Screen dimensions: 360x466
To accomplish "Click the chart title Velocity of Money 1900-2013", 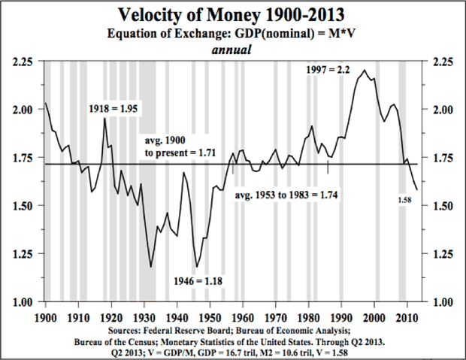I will point(232,16).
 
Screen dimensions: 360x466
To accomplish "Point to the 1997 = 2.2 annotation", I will point(329,69).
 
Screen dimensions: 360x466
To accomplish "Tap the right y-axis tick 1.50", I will point(440,205).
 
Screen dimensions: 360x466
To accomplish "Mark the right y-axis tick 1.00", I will point(440,301).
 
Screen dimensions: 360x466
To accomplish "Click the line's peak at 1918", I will point(104,119).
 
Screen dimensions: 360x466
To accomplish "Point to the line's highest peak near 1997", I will point(365,71).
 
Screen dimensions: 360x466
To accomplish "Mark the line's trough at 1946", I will point(197,267).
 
